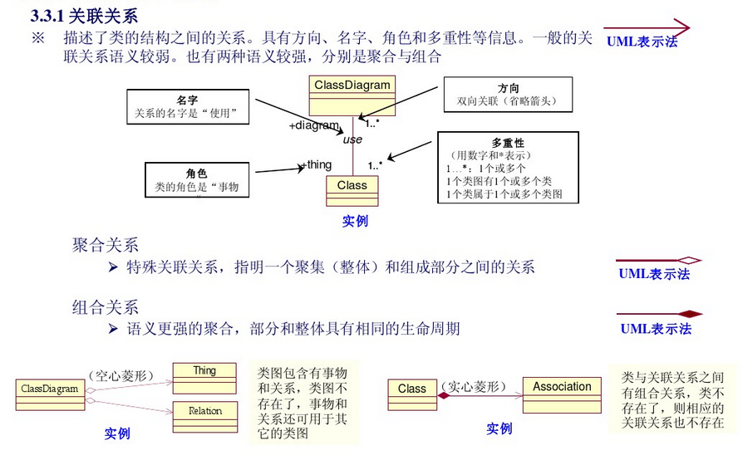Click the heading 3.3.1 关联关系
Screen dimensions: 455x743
(83, 16)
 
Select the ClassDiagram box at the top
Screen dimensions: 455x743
(352, 86)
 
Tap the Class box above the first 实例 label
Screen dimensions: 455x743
(352, 186)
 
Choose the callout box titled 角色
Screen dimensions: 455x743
(197, 181)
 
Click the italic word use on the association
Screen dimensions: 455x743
(352, 139)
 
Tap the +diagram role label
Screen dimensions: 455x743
(314, 126)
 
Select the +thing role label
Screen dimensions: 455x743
(317, 164)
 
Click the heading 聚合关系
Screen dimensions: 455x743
(106, 245)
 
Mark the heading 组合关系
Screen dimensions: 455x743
(106, 308)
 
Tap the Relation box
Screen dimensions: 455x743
(204, 411)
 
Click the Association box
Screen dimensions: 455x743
(562, 387)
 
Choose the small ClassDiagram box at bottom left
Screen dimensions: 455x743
(49, 389)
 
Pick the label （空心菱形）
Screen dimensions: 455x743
(121, 375)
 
